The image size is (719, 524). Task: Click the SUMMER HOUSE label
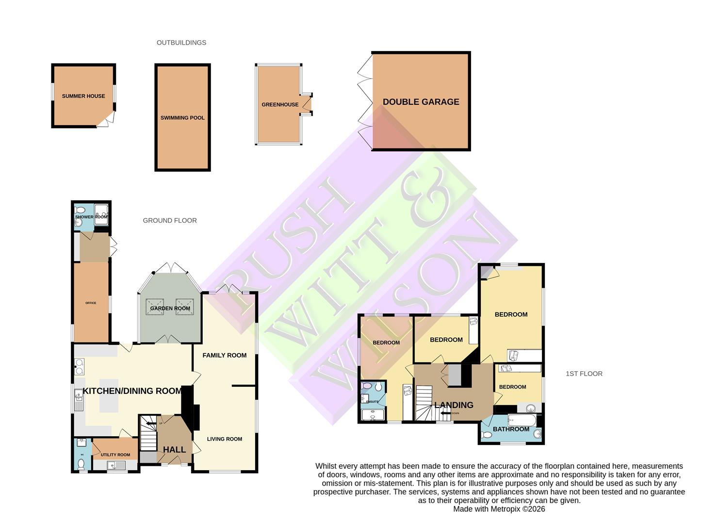coord(83,96)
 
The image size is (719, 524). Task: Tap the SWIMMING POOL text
coord(182,118)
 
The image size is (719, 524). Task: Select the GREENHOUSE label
coord(280,105)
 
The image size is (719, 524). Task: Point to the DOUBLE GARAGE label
coord(421,102)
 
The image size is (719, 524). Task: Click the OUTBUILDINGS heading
coord(181,43)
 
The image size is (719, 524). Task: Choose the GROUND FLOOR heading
coord(170,220)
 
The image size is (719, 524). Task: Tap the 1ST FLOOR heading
coord(584,374)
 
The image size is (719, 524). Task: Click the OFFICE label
coord(91,303)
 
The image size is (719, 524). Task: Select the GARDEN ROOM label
coord(170,309)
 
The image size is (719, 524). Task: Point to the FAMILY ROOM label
coord(224,355)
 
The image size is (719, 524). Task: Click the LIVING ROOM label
coord(224,439)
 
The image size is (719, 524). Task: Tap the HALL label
coord(174,450)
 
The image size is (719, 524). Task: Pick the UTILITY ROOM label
coord(115,455)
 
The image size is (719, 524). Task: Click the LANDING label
coord(454,405)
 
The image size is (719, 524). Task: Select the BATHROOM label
coord(511,429)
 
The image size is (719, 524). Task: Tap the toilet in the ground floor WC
coord(81,464)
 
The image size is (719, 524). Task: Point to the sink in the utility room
coord(116,465)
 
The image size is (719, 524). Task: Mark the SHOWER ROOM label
coord(91,217)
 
